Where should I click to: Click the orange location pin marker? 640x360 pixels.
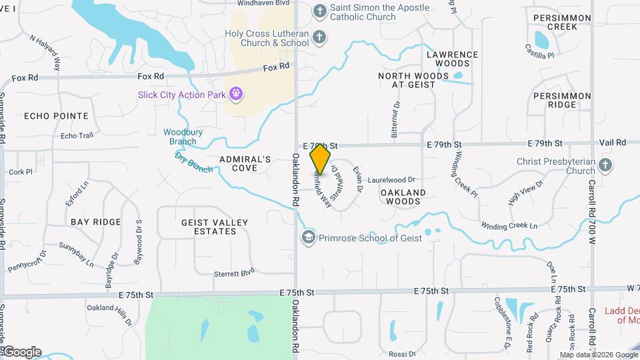[320, 159]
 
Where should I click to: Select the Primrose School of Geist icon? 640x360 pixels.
[309, 238]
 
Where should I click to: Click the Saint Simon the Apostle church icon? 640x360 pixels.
[320, 11]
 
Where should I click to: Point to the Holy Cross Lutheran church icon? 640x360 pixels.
[320, 37]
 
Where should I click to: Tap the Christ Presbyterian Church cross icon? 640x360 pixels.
[605, 165]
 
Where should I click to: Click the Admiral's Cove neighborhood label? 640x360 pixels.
[245, 163]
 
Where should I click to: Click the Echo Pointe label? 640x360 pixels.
[56, 116]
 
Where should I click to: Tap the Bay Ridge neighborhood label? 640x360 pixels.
[96, 221]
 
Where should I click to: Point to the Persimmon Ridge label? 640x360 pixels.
[562, 100]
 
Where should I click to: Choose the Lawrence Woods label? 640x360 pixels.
[452, 59]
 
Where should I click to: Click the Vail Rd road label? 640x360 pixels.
[612, 143]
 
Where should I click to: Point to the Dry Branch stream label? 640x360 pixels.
[194, 163]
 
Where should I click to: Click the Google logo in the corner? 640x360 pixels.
[21, 352]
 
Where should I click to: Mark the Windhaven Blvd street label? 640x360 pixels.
[262, 3]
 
